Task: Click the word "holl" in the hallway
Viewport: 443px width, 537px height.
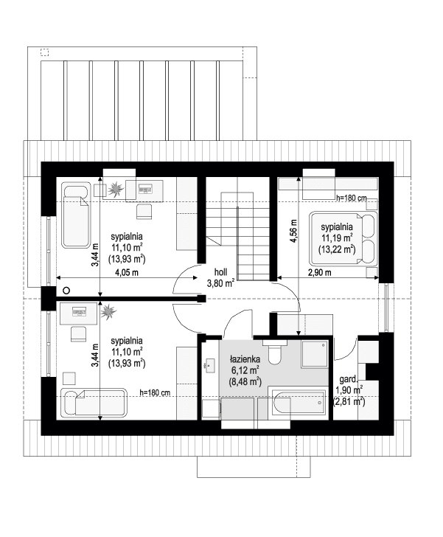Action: (x=221, y=271)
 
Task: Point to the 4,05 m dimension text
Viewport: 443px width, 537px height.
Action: (x=127, y=273)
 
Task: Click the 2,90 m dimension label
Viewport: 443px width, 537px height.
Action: (x=319, y=273)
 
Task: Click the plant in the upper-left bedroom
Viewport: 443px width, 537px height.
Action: (x=116, y=190)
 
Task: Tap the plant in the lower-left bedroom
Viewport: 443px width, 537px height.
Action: (x=108, y=313)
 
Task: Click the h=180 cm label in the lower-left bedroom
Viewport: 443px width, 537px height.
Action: (x=155, y=392)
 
